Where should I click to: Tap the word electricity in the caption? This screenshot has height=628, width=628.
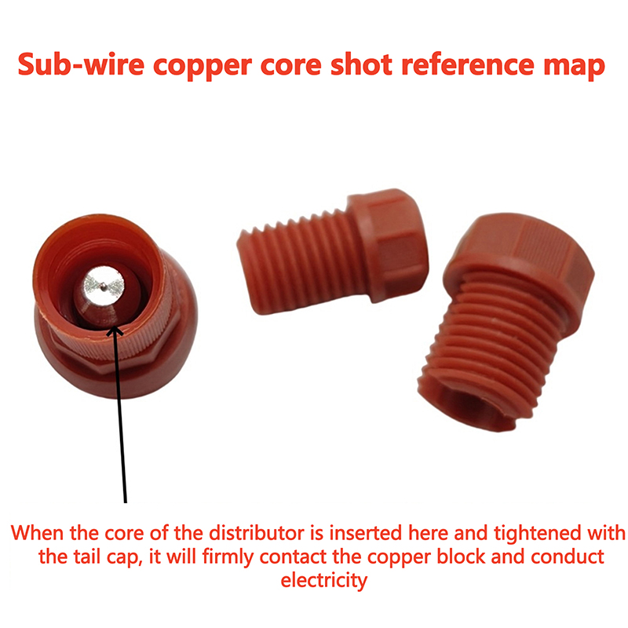pos(324,582)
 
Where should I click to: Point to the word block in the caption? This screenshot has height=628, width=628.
pos(448,558)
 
